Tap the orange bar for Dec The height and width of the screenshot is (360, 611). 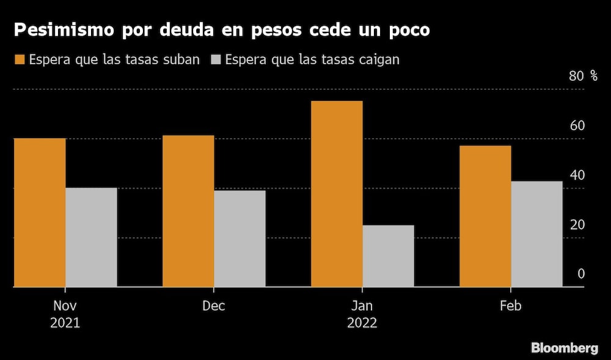tap(188, 211)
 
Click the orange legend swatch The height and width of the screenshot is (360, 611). tap(20, 59)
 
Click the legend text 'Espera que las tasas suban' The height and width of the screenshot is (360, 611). tap(114, 59)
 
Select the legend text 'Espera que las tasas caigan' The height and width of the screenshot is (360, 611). tap(312, 59)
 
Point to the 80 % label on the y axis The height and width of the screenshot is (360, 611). tap(584, 76)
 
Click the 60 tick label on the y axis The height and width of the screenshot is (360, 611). tap(577, 126)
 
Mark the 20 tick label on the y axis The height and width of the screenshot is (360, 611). tap(577, 225)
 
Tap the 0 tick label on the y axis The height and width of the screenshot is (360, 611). tap(581, 274)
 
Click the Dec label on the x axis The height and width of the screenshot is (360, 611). tap(214, 306)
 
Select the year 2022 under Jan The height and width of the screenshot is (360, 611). tap(362, 323)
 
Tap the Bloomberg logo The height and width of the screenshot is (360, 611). tap(565, 348)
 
